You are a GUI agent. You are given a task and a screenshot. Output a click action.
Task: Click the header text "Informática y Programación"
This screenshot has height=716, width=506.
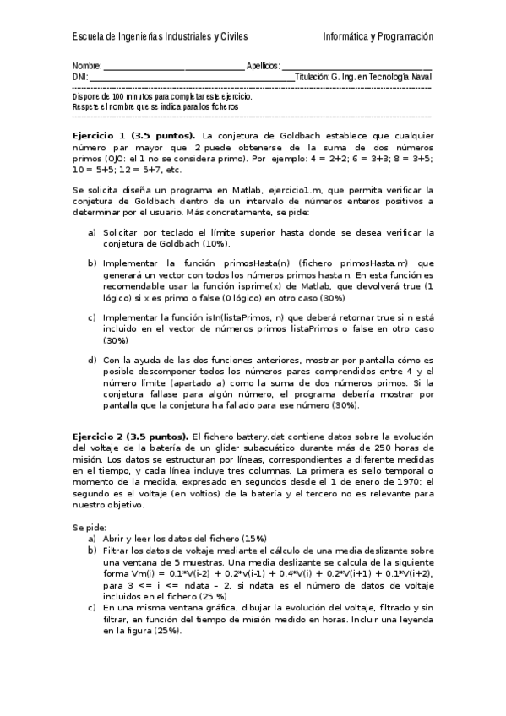378,37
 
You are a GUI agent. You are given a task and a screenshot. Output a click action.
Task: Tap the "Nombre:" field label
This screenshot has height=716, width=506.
87,66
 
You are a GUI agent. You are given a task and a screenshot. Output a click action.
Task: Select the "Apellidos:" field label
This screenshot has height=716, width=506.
263,66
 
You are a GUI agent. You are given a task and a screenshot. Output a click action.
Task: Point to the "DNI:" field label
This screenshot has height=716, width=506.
80,77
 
